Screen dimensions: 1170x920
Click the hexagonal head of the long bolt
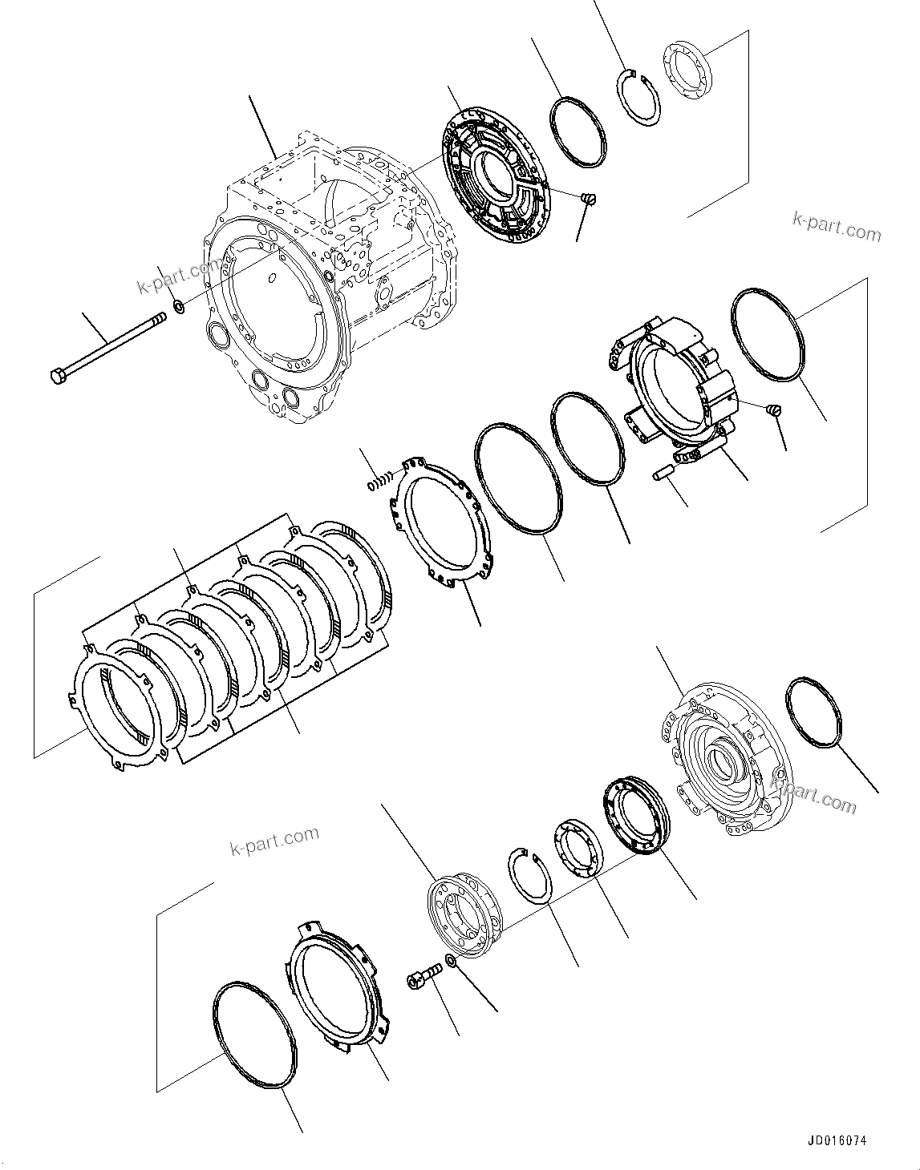coord(59,375)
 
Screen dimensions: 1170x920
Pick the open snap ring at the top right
coord(642,98)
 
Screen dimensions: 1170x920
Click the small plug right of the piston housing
coord(775,410)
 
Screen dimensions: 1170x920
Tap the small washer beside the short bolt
coord(451,961)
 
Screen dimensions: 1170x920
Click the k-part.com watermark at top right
coord(836,227)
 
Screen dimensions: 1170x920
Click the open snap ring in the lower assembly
coord(529,876)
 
